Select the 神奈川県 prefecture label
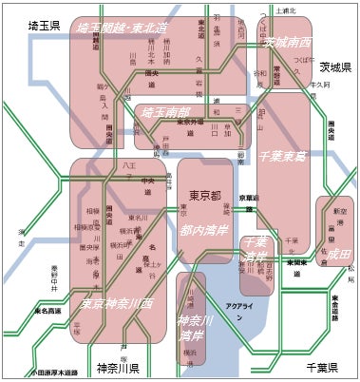[118, 368]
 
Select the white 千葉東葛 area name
[282, 154]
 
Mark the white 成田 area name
[337, 254]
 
